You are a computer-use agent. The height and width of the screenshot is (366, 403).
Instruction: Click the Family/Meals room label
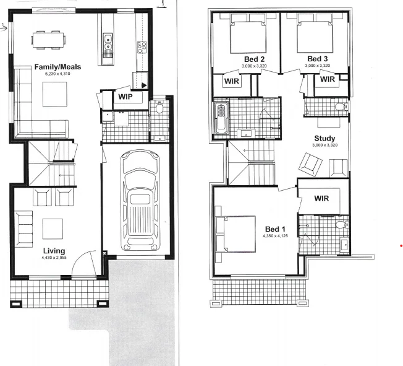[x=58, y=67]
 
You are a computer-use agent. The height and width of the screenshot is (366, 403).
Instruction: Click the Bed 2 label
[x=255, y=59]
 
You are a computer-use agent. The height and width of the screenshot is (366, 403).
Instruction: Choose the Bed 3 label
[x=318, y=59]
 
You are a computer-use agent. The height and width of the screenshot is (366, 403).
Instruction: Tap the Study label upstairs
[x=325, y=138]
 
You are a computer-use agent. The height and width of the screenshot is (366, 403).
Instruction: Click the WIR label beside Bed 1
[x=321, y=198]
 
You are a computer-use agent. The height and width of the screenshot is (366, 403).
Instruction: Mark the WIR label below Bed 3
[x=328, y=79]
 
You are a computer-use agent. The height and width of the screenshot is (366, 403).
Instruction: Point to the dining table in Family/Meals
[x=48, y=41]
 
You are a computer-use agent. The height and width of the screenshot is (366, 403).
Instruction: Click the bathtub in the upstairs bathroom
[x=221, y=118]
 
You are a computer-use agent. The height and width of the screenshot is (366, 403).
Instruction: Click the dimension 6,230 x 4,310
[x=58, y=74]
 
